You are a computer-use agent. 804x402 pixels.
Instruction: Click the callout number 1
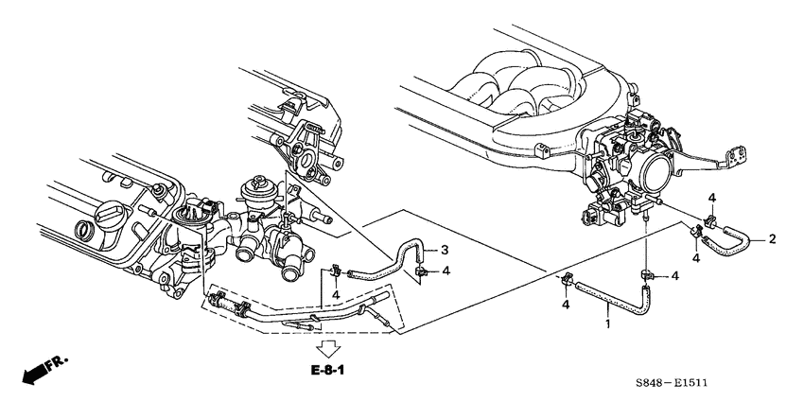(x=607, y=324)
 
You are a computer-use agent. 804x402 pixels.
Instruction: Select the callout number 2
(x=772, y=238)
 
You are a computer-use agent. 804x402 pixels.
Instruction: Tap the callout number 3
(x=445, y=251)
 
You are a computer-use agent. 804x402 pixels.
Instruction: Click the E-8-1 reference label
(x=327, y=370)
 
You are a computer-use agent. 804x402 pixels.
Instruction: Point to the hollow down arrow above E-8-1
(x=327, y=349)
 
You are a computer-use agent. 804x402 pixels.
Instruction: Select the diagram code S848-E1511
(x=672, y=382)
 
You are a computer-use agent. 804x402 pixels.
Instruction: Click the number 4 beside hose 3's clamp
(x=446, y=271)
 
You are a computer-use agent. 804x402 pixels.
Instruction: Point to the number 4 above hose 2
(x=712, y=198)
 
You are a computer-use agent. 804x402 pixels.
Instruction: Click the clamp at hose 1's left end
(x=566, y=281)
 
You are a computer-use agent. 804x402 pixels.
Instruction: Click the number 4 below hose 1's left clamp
(x=566, y=306)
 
